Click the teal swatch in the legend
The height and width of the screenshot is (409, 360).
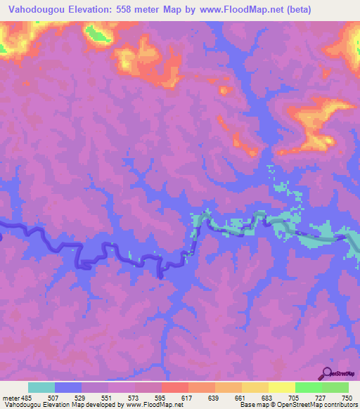point(41,387)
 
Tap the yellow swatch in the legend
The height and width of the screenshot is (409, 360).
point(281,387)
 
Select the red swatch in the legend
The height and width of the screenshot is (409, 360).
point(175,387)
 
